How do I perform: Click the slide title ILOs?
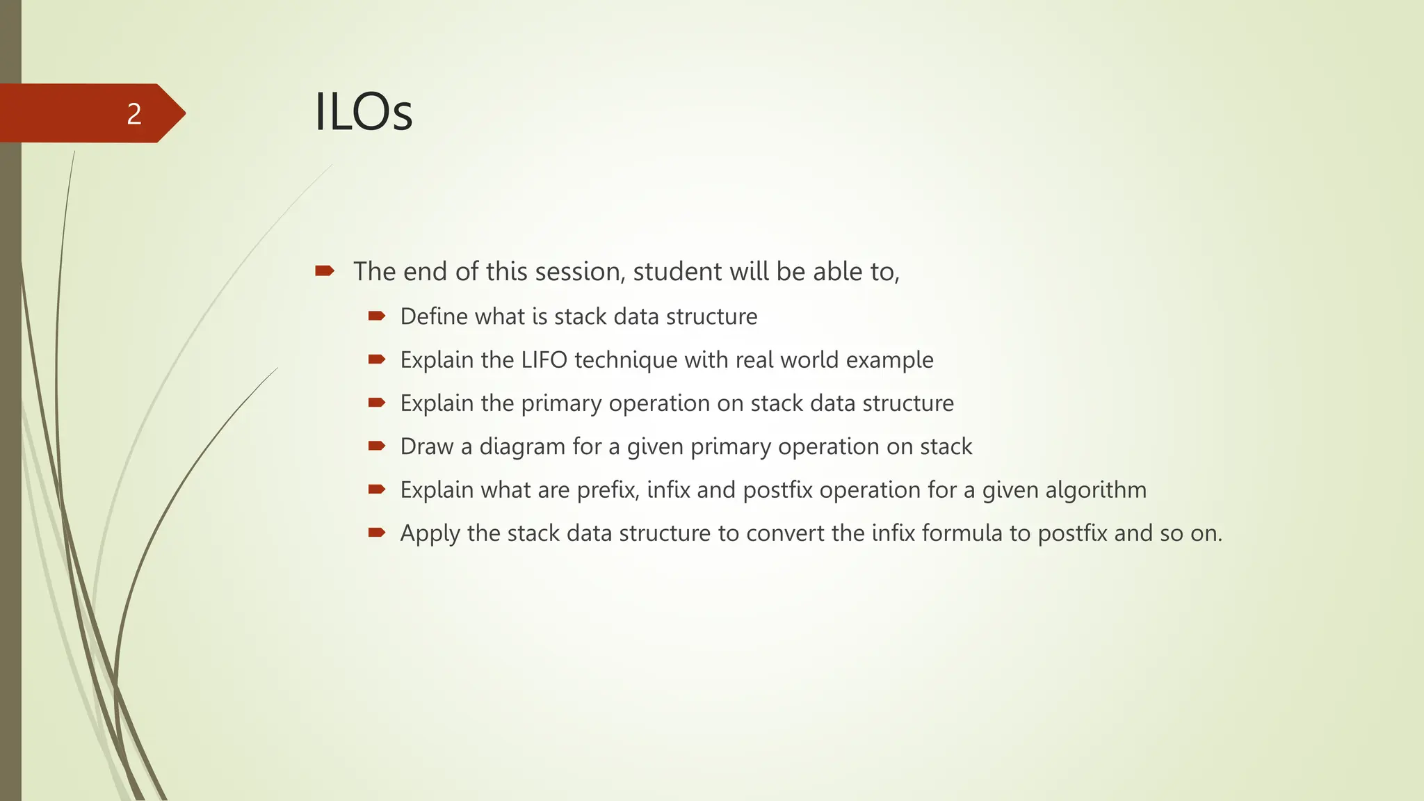(x=364, y=113)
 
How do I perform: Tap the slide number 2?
(x=134, y=114)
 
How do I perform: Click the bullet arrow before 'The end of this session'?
(x=325, y=270)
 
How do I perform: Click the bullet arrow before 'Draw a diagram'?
(x=377, y=446)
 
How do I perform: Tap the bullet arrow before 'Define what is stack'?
(x=377, y=316)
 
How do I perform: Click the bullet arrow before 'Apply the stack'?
(x=377, y=533)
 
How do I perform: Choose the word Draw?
(x=426, y=446)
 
